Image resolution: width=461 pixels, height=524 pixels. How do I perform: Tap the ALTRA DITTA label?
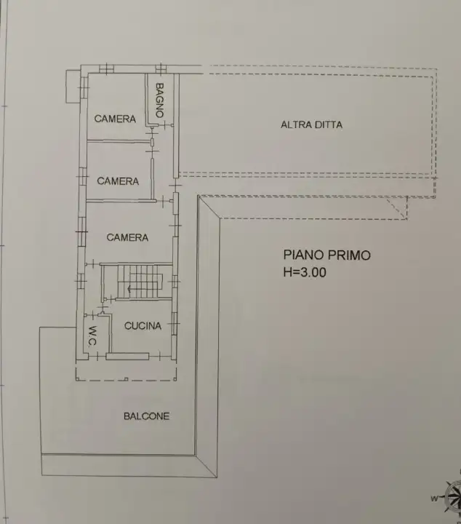[311, 124]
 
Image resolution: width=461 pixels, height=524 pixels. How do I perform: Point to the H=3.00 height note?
[305, 273]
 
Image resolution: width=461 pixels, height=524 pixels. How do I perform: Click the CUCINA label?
[143, 326]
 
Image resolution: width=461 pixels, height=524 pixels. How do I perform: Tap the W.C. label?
[93, 336]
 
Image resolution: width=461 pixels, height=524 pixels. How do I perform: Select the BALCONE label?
[146, 416]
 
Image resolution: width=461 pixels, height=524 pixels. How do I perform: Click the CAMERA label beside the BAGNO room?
[115, 119]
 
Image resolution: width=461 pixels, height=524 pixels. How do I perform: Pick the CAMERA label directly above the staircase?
[127, 237]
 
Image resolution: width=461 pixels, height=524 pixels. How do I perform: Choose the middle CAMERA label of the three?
[118, 181]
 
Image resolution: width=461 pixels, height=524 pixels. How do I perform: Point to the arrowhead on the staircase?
[129, 290]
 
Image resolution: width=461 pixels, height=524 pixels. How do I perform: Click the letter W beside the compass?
[433, 499]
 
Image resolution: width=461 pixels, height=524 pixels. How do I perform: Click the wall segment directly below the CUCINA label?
[127, 356]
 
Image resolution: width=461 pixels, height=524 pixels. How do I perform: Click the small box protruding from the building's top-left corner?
[72, 85]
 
